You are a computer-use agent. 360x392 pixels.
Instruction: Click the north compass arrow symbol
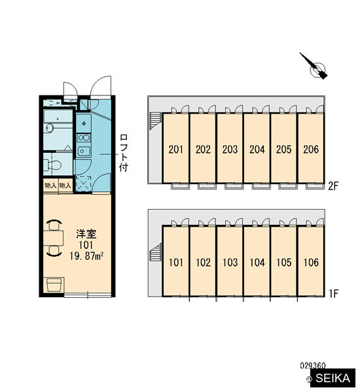pyautogui.click(x=314, y=67)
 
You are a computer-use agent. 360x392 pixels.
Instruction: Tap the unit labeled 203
pyautogui.click(x=230, y=148)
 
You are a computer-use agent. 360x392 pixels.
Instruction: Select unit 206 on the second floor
pyautogui.click(x=311, y=148)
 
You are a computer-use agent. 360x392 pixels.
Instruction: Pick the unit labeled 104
pyautogui.click(x=257, y=261)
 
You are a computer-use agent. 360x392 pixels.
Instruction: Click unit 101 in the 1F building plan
pyautogui.click(x=175, y=261)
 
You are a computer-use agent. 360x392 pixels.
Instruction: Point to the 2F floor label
pyautogui.click(x=333, y=186)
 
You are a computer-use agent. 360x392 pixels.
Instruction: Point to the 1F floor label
pyautogui.click(x=333, y=293)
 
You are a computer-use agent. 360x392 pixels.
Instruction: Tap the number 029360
pyautogui.click(x=313, y=366)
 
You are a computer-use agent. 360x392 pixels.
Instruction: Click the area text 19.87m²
pyautogui.click(x=86, y=256)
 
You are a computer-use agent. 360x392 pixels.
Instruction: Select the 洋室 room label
pyautogui.click(x=86, y=234)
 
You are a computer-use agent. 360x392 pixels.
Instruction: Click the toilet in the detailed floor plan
pyautogui.click(x=52, y=165)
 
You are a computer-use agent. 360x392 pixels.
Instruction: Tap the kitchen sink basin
pyautogui.click(x=83, y=152)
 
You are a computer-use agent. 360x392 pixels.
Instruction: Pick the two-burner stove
pyautogui.click(x=83, y=138)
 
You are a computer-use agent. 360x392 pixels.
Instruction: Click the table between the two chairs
pyautogui.click(x=53, y=238)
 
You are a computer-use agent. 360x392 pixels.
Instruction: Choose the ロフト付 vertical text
pyautogui.click(x=124, y=153)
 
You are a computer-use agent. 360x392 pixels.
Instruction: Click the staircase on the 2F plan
pyautogui.click(x=155, y=122)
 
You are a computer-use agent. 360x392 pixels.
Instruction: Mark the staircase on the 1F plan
pyautogui.click(x=155, y=252)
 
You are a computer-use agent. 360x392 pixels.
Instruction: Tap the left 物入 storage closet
pyautogui.click(x=51, y=186)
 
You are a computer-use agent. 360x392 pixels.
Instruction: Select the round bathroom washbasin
pyautogui.click(x=49, y=128)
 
